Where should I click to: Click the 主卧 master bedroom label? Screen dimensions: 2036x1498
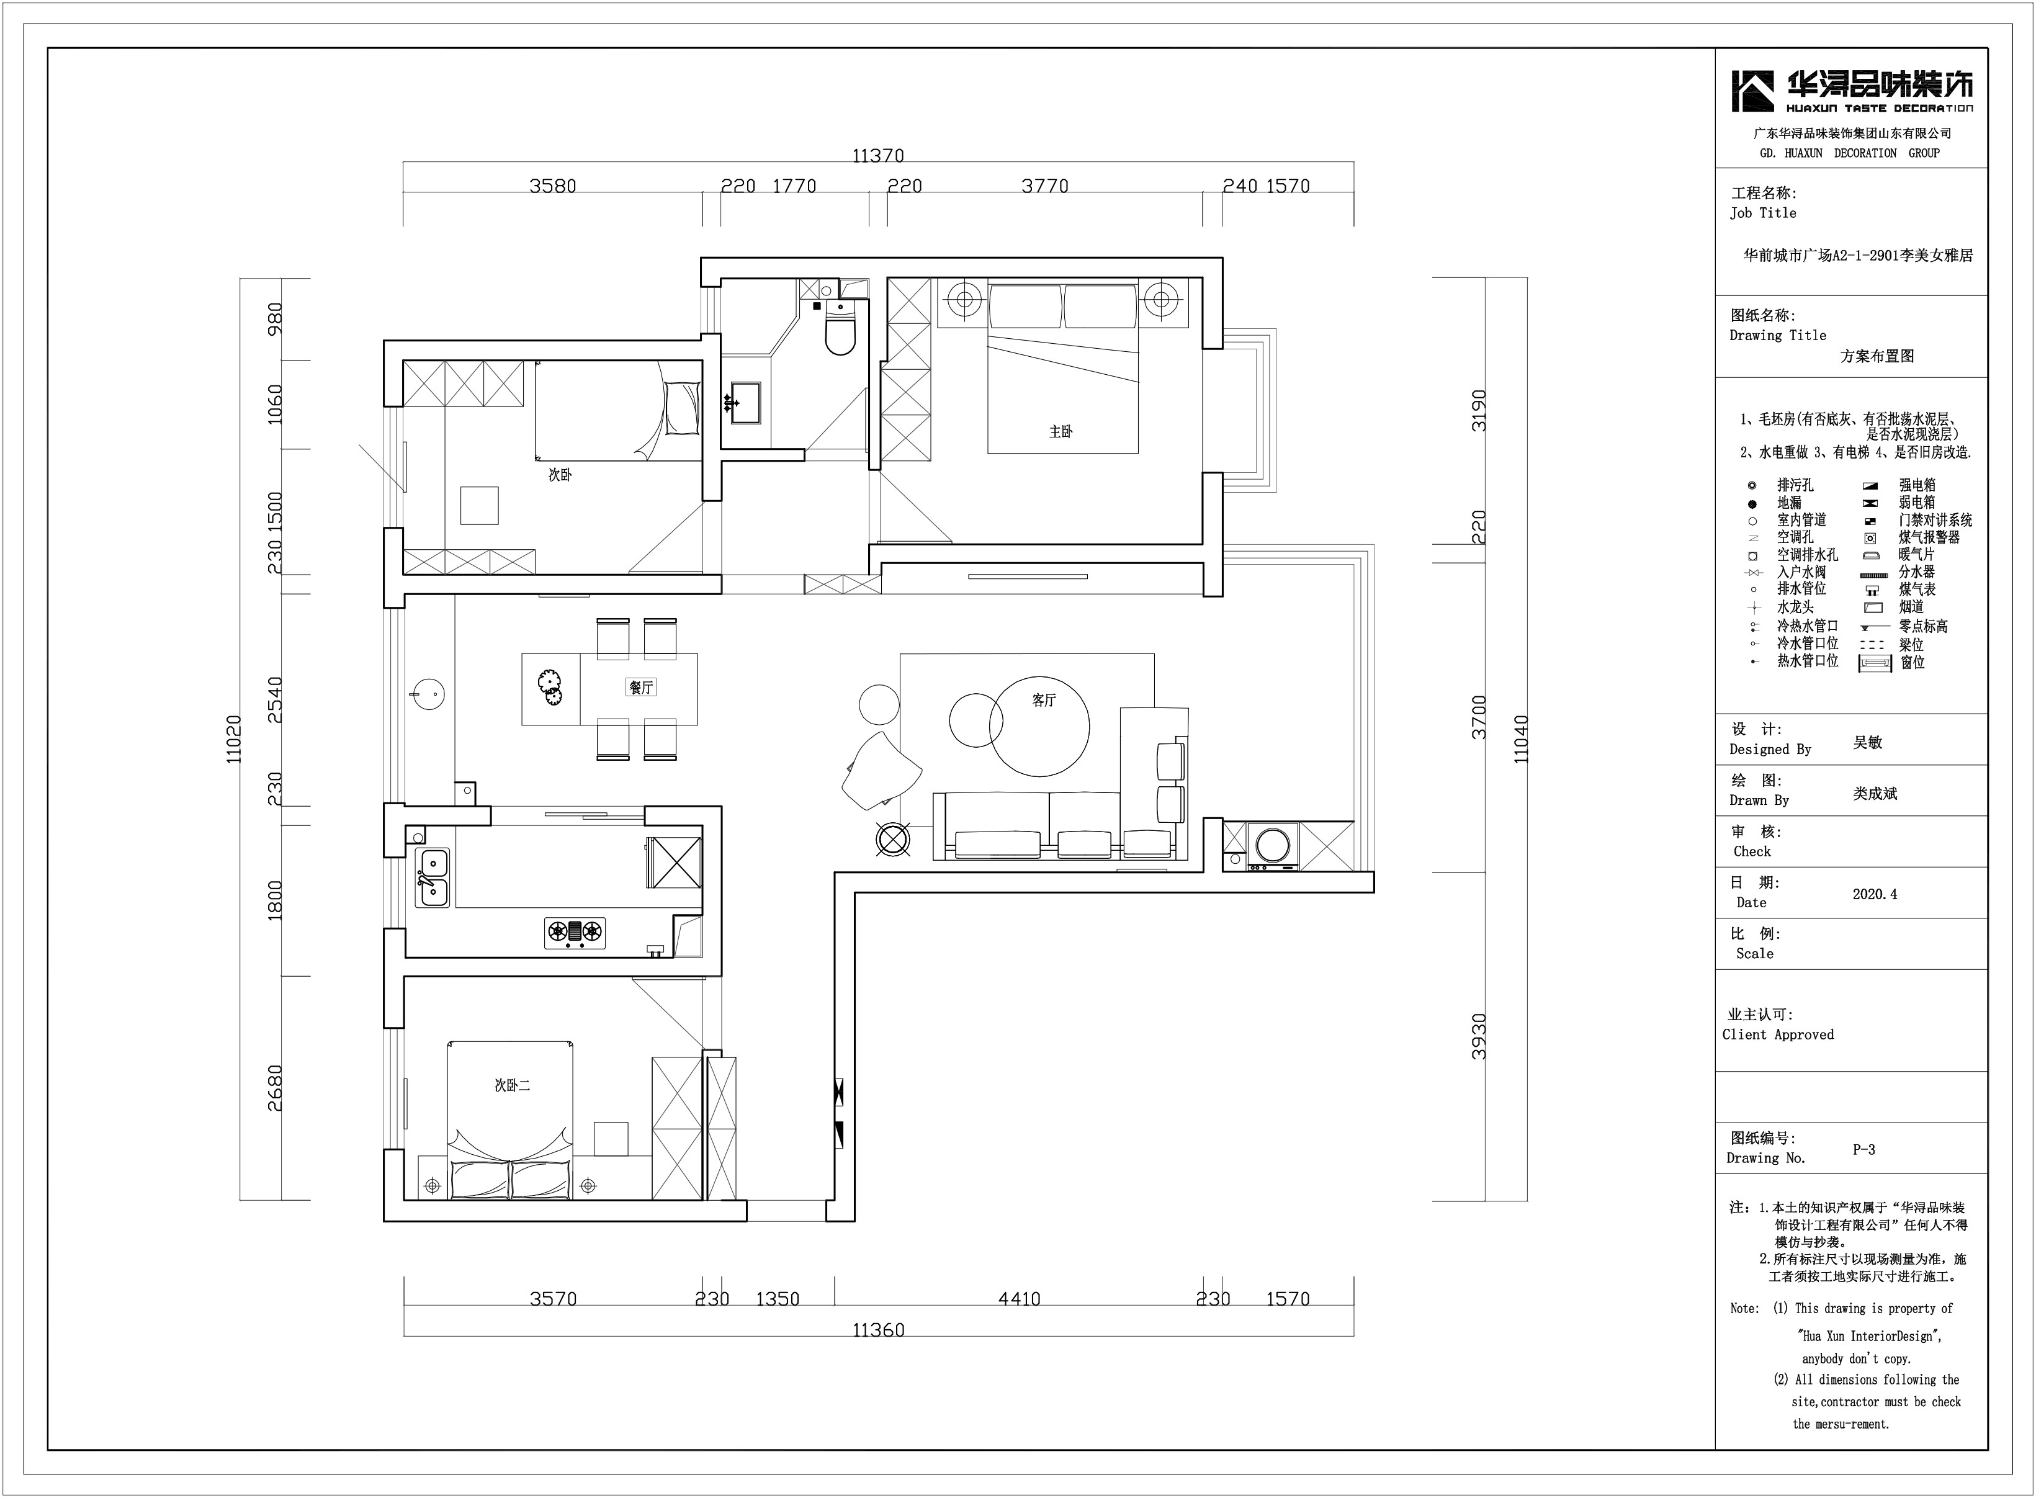pos(1061,432)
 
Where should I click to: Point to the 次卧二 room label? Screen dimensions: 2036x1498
pos(512,1085)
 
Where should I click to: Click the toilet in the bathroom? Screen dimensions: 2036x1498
pos(840,328)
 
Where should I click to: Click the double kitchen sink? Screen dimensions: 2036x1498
pos(433,877)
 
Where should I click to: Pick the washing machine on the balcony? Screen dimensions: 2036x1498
pos(1273,846)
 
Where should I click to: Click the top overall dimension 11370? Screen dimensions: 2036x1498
pos(877,156)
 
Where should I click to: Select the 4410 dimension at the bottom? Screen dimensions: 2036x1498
pos(1019,1299)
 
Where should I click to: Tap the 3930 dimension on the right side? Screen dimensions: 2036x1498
pos(1479,1036)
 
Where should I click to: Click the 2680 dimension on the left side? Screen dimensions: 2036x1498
pos(275,1088)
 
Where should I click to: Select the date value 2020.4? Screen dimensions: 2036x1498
pos(1875,894)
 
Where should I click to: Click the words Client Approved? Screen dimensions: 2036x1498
pos(1778,1034)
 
